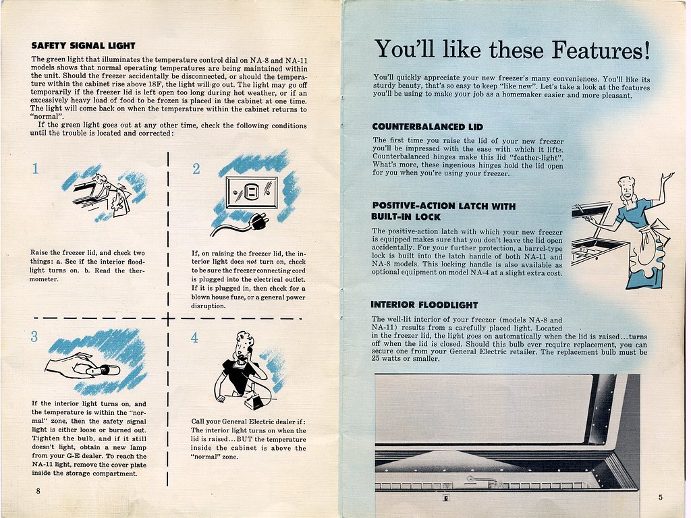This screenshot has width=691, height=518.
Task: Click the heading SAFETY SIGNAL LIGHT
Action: coord(83,46)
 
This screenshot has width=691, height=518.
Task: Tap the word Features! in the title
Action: coord(594,49)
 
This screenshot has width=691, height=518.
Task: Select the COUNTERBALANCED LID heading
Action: coord(428,126)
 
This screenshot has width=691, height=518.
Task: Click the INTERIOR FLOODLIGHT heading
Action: coord(424,304)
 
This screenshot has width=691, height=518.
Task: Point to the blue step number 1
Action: coord(35,169)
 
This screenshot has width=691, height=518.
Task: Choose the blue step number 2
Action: coord(196,169)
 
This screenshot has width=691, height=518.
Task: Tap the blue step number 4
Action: coord(194,338)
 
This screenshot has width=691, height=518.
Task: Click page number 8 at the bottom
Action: coord(38,491)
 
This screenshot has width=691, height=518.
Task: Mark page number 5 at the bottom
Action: coord(660,498)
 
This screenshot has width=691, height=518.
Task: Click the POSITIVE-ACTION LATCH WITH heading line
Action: coord(443,206)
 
